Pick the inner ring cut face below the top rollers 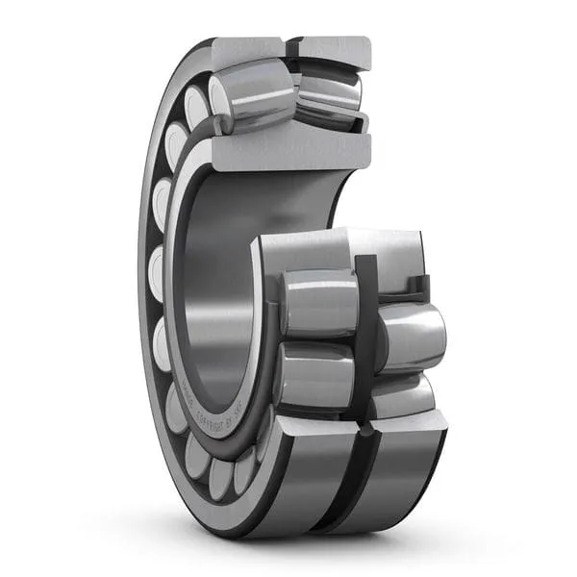288,149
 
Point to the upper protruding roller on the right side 414,337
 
